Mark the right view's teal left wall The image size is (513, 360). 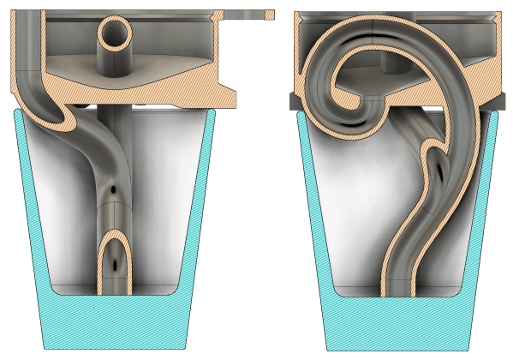tap(313, 214)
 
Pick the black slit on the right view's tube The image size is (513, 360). tap(440, 169)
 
